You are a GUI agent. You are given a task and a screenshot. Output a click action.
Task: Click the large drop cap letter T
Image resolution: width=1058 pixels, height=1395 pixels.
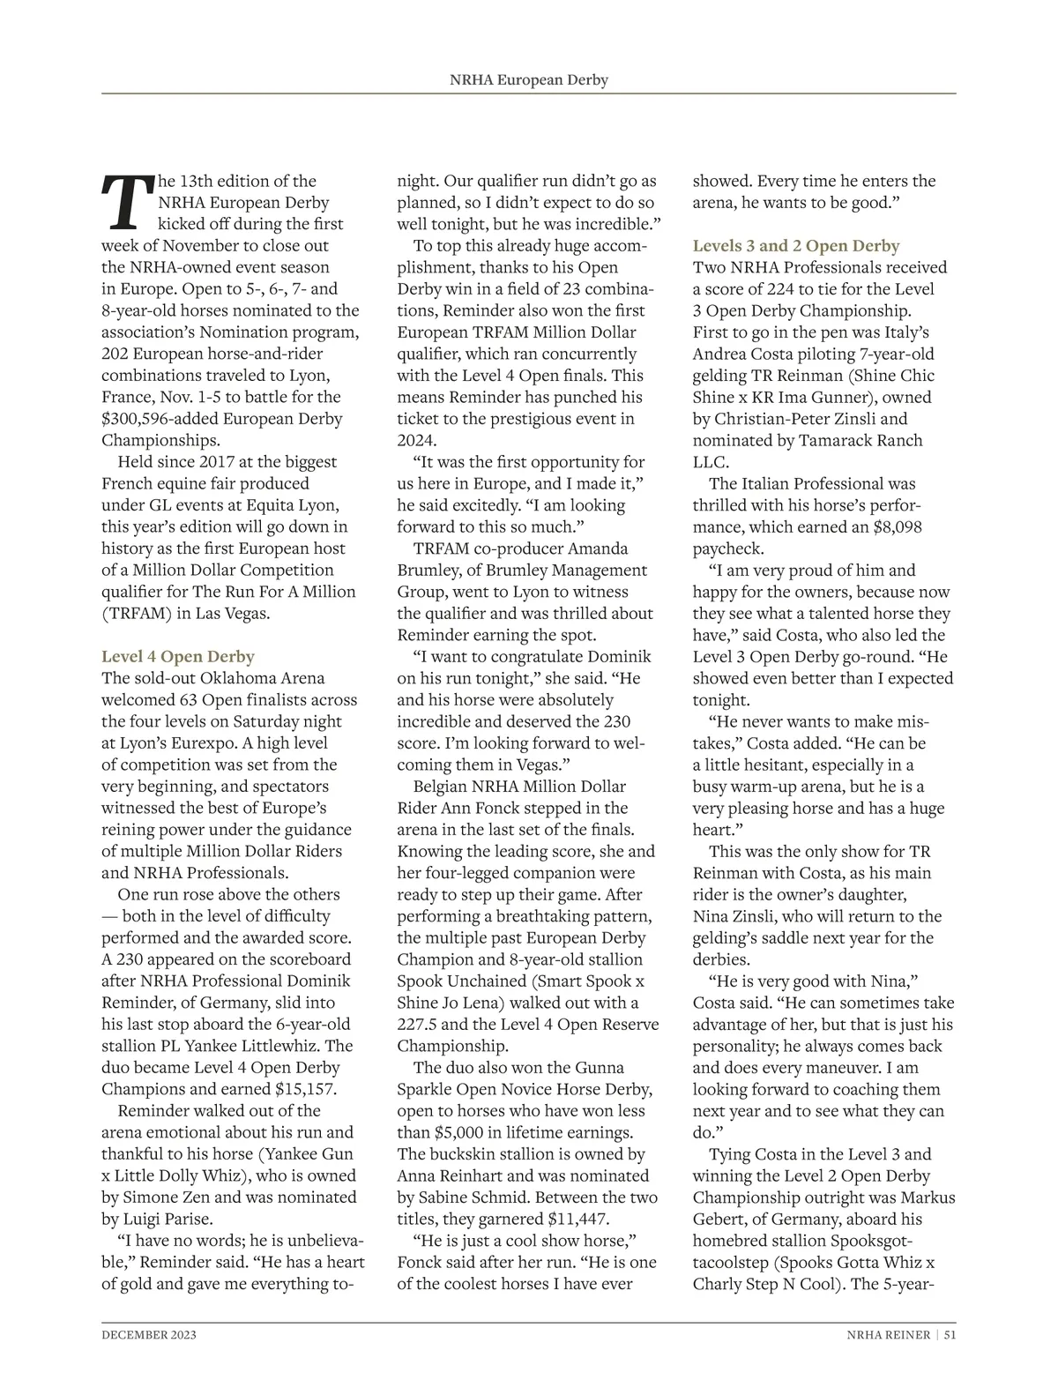[x=127, y=202]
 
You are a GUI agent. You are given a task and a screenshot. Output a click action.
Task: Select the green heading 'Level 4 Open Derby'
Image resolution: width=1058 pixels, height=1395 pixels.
[x=178, y=657]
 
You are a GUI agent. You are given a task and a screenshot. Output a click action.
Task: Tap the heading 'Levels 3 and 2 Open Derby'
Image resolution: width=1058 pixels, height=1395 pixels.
[x=796, y=246]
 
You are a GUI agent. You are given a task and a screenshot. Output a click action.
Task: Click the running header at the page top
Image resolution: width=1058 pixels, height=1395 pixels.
[x=529, y=80]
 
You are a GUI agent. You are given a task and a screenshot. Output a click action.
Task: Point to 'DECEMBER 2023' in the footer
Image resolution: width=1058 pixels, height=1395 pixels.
[x=149, y=1335]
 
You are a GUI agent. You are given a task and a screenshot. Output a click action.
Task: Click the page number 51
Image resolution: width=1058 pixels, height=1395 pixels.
[x=950, y=1335]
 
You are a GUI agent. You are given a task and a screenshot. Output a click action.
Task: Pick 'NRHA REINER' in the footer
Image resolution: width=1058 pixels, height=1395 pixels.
[x=883, y=1335]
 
